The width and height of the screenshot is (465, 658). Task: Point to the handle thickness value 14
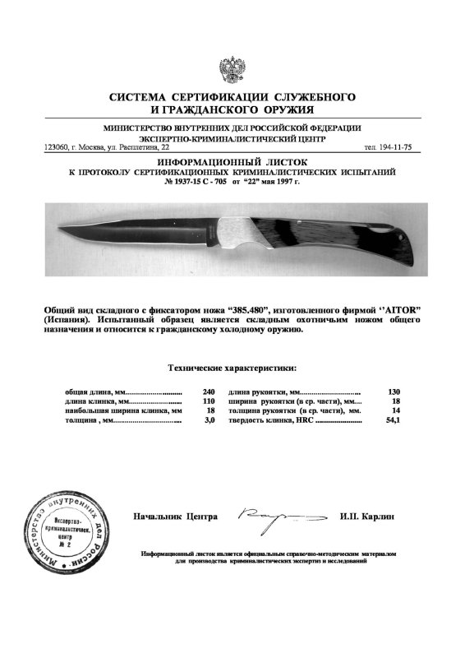point(394,410)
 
